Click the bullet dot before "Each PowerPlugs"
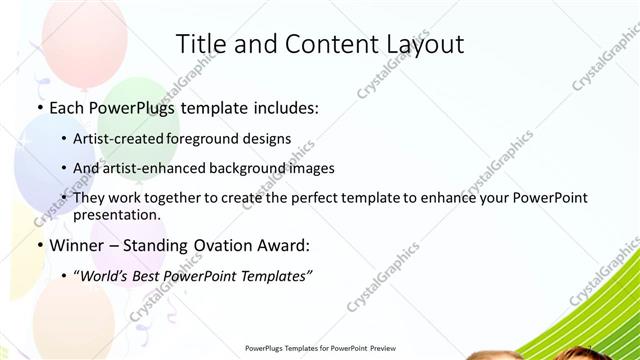(39, 105)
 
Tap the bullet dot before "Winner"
(39, 245)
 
